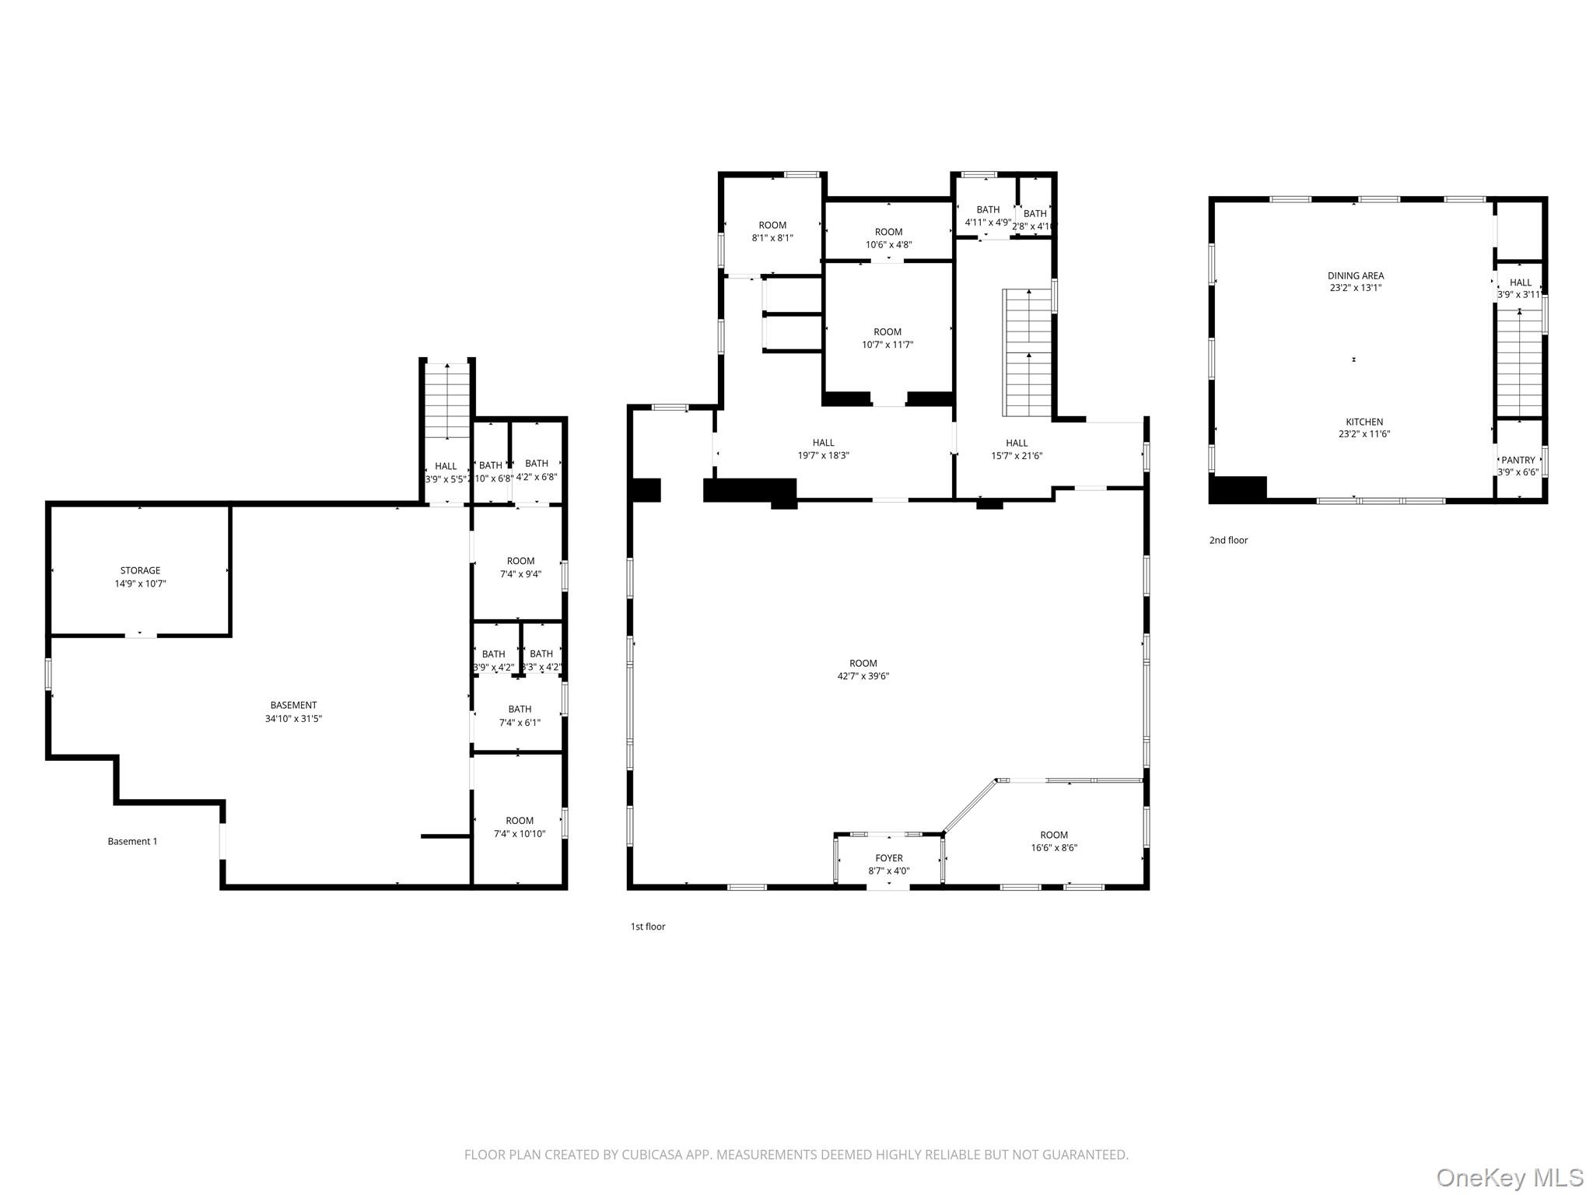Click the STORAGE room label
coord(140,571)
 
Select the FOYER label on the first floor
coord(888,858)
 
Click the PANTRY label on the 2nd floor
coord(1518,460)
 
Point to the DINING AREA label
coord(1355,275)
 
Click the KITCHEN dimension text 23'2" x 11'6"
coord(1364,434)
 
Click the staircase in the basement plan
coord(446,401)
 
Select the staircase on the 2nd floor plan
coord(1520,362)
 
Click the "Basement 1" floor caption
coord(132,841)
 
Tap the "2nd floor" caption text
coord(1227,540)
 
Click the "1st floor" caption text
coord(647,927)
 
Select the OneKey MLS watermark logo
coord(1509,1178)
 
